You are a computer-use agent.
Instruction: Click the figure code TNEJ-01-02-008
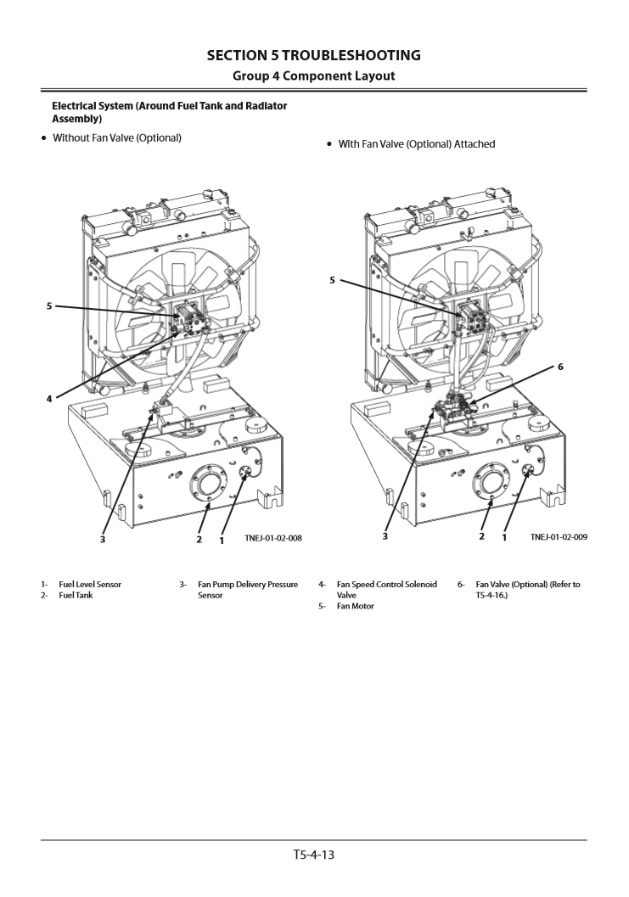tap(273, 538)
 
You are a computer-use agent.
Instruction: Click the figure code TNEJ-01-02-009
tap(559, 538)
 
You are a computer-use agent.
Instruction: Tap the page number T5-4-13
tap(314, 855)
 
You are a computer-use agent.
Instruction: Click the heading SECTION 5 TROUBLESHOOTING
tap(314, 55)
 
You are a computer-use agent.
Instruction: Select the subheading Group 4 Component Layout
tap(314, 76)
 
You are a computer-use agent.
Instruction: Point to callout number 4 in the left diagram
tap(49, 398)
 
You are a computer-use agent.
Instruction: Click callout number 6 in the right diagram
tap(560, 367)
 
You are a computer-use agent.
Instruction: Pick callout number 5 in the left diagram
tap(49, 306)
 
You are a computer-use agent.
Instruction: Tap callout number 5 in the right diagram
tap(333, 280)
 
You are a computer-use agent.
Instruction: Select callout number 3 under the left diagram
tap(103, 538)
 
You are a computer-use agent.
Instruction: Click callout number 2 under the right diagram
tap(481, 538)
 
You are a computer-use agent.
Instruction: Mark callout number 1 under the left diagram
tap(222, 539)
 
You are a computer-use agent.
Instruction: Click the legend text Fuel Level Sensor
tap(90, 585)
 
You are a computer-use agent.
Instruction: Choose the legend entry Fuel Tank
tap(76, 596)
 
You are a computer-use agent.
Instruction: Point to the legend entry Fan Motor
tap(355, 607)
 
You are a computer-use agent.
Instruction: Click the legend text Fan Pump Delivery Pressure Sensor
tap(247, 590)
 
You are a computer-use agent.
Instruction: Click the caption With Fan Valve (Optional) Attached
tap(416, 144)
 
